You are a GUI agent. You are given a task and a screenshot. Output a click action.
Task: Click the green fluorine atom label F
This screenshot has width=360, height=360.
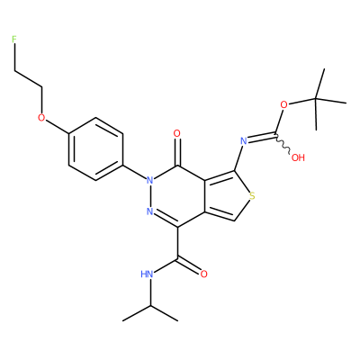(13, 39)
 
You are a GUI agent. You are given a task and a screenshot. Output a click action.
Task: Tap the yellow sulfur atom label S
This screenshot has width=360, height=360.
(253, 196)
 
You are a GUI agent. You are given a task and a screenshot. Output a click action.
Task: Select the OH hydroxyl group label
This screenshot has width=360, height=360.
(298, 157)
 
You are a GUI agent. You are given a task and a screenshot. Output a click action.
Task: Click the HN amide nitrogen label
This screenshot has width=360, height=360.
(147, 274)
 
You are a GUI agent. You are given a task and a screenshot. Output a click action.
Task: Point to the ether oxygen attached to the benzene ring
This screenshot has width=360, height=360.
(41, 118)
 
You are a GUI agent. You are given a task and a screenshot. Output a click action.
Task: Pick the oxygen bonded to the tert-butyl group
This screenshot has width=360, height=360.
(283, 105)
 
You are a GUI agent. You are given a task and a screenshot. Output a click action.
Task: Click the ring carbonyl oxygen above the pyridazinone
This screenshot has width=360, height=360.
(177, 133)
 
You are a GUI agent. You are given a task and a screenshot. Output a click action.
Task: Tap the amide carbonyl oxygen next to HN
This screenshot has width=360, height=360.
(204, 274)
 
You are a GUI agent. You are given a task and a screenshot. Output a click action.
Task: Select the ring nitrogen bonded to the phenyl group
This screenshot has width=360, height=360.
(150, 180)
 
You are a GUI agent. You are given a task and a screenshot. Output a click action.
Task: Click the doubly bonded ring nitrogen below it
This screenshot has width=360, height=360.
(150, 211)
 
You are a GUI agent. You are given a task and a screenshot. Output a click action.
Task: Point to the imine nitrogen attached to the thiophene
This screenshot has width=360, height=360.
(244, 140)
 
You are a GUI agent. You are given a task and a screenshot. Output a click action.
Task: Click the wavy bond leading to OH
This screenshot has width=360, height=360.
(283, 145)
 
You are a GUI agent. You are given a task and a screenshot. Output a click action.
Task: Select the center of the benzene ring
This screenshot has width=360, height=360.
(95, 148)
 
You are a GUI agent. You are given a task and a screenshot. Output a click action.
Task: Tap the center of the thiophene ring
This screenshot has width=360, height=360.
(226, 196)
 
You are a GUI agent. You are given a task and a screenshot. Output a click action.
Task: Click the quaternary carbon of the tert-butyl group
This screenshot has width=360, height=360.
(316, 98)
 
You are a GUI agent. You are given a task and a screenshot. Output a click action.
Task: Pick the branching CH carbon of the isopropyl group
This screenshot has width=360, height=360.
(150, 305)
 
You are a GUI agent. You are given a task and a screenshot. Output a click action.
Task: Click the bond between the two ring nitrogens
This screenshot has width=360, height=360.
(150, 196)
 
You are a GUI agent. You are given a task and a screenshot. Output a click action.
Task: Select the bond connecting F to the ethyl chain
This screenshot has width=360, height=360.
(14, 58)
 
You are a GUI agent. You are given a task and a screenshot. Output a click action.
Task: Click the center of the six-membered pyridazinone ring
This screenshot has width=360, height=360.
(177, 196)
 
